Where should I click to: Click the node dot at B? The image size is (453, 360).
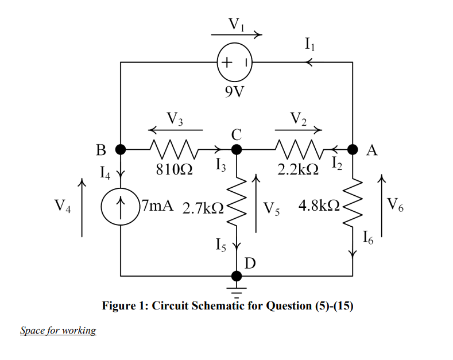click(x=121, y=150)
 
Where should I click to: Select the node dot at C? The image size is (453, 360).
click(x=236, y=150)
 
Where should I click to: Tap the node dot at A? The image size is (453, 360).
click(x=352, y=150)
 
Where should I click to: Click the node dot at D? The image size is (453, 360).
click(x=236, y=276)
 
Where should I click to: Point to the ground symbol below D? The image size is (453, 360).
click(x=236, y=287)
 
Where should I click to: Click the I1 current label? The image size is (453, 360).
click(x=310, y=42)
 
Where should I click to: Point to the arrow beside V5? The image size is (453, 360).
click(x=256, y=204)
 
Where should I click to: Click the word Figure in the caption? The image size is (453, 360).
click(x=119, y=306)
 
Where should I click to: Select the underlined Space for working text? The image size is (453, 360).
click(x=58, y=331)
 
